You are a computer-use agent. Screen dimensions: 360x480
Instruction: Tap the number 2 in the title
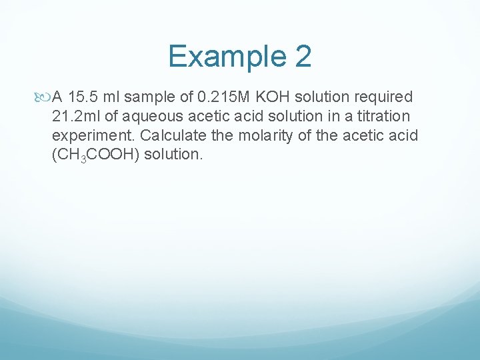tap(302, 56)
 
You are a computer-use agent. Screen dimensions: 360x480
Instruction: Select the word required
tap(379, 97)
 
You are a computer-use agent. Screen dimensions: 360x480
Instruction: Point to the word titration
tap(381, 117)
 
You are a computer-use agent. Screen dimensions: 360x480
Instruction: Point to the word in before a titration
tap(327, 117)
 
